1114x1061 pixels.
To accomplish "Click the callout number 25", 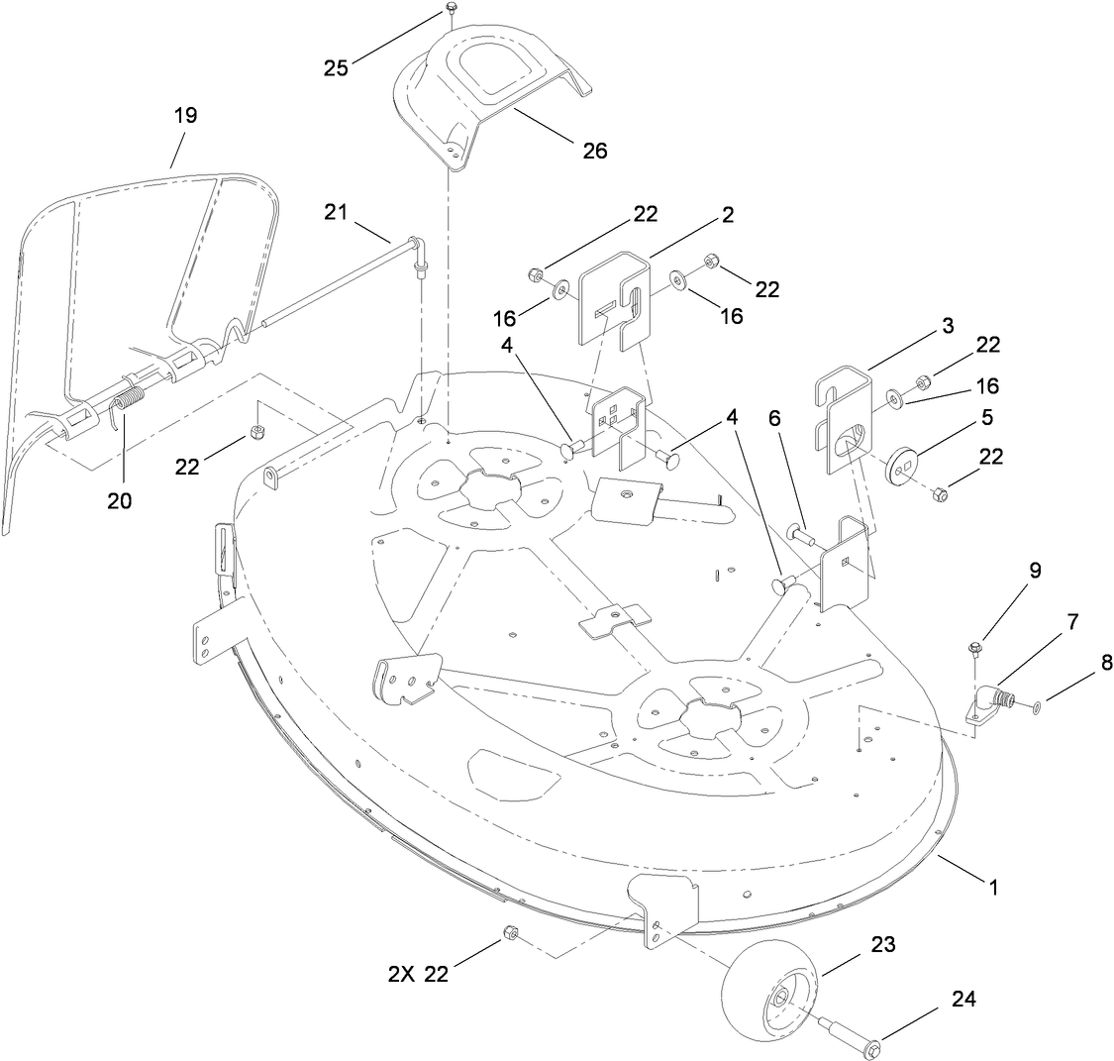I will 338,67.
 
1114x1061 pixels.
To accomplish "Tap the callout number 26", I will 595,150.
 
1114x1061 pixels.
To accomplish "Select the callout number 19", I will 185,115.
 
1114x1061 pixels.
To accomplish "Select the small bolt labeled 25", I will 451,9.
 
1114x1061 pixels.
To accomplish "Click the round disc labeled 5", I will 901,466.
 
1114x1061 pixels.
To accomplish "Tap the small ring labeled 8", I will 1036,707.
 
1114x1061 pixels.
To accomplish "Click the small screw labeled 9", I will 973,650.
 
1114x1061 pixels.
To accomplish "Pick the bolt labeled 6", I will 802,537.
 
